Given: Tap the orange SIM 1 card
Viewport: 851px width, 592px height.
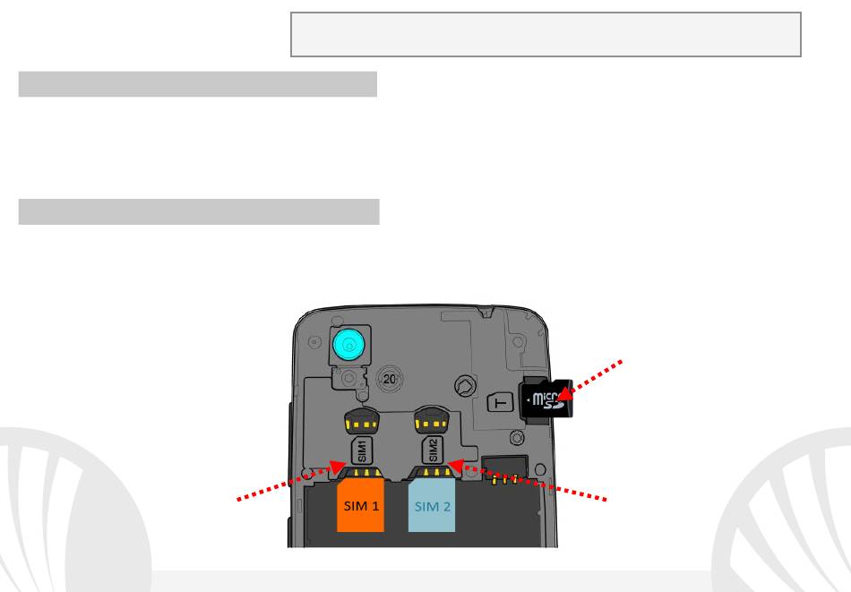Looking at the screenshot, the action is click(x=360, y=507).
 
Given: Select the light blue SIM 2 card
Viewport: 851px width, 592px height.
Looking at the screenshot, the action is click(x=432, y=507).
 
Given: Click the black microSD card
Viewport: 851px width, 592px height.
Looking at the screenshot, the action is click(x=545, y=399).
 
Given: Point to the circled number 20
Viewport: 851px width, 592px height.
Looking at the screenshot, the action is click(x=390, y=379).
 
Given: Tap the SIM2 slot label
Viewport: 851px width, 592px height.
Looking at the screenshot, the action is click(x=432, y=448).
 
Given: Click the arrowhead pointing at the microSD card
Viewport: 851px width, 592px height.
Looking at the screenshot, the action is click(x=565, y=391).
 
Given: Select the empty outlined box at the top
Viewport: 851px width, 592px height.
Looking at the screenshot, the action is click(x=546, y=35).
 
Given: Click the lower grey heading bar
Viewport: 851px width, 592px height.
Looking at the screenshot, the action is click(x=198, y=212).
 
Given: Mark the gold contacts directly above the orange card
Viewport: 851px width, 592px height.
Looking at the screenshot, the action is click(x=362, y=472).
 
